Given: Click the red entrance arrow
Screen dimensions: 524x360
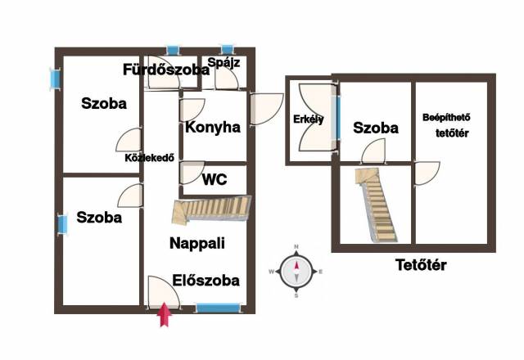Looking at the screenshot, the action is click(165, 314).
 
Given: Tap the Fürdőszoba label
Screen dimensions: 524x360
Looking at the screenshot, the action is click(166, 70).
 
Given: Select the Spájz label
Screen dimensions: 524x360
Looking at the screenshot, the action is click(224, 62).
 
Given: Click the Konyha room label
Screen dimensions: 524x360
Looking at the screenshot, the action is click(213, 128).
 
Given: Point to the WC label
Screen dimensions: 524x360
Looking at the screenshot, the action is click(215, 180).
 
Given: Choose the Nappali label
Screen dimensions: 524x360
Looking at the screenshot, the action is click(197, 244).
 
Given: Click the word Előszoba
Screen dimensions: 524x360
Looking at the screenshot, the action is click(206, 281).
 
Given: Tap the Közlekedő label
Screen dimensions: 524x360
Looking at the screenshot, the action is click(149, 158).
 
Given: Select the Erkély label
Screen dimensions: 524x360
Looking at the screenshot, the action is click(309, 119).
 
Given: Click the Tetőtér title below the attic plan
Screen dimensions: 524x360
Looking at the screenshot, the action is click(421, 265).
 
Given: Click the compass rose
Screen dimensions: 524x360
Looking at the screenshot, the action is click(296, 271).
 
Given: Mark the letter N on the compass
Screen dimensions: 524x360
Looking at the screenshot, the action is click(296, 247).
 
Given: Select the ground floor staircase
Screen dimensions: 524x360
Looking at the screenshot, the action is click(211, 209).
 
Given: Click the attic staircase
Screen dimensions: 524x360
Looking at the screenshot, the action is click(376, 205).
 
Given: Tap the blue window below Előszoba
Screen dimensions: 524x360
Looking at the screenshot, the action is click(219, 308).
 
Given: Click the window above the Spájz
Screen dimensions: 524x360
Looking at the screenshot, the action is click(228, 50).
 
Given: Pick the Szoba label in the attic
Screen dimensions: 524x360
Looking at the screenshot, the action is click(376, 128).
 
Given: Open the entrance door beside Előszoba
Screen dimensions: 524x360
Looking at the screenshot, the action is click(164, 292).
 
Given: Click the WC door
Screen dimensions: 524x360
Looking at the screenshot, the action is click(192, 173).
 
